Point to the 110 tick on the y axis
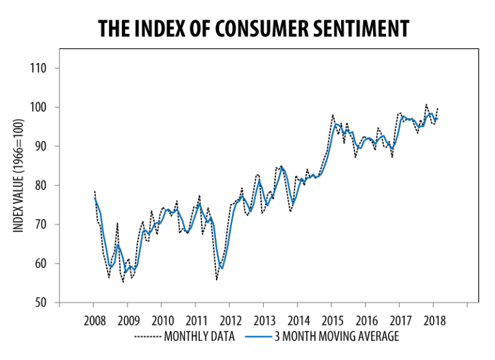click(x=45, y=68)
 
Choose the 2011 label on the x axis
click(x=195, y=321)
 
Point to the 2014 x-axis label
click(x=297, y=321)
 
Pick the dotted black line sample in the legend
click(x=148, y=336)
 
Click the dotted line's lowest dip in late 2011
click(x=217, y=279)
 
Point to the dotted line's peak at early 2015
click(x=333, y=115)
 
